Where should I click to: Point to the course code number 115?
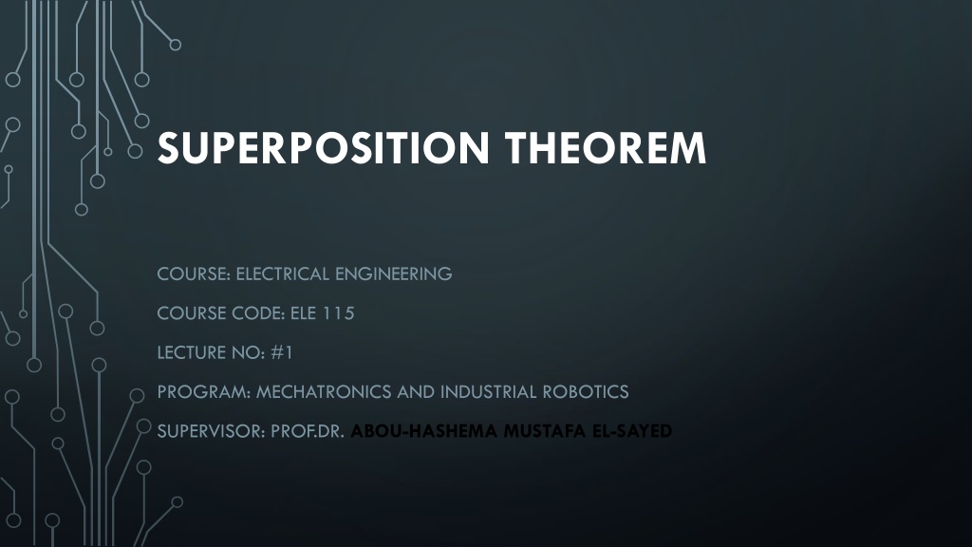[x=339, y=313]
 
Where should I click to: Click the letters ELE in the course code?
[x=303, y=313]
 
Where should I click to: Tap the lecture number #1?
[x=281, y=352]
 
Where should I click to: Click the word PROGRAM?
[x=204, y=392]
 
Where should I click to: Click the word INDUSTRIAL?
[x=489, y=392]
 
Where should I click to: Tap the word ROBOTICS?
[x=585, y=392]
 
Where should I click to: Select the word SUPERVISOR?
[x=212, y=431]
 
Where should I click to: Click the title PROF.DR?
[x=308, y=431]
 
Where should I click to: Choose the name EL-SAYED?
[x=632, y=431]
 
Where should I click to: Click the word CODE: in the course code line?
[x=259, y=313]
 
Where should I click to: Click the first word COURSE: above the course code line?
[x=194, y=273]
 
